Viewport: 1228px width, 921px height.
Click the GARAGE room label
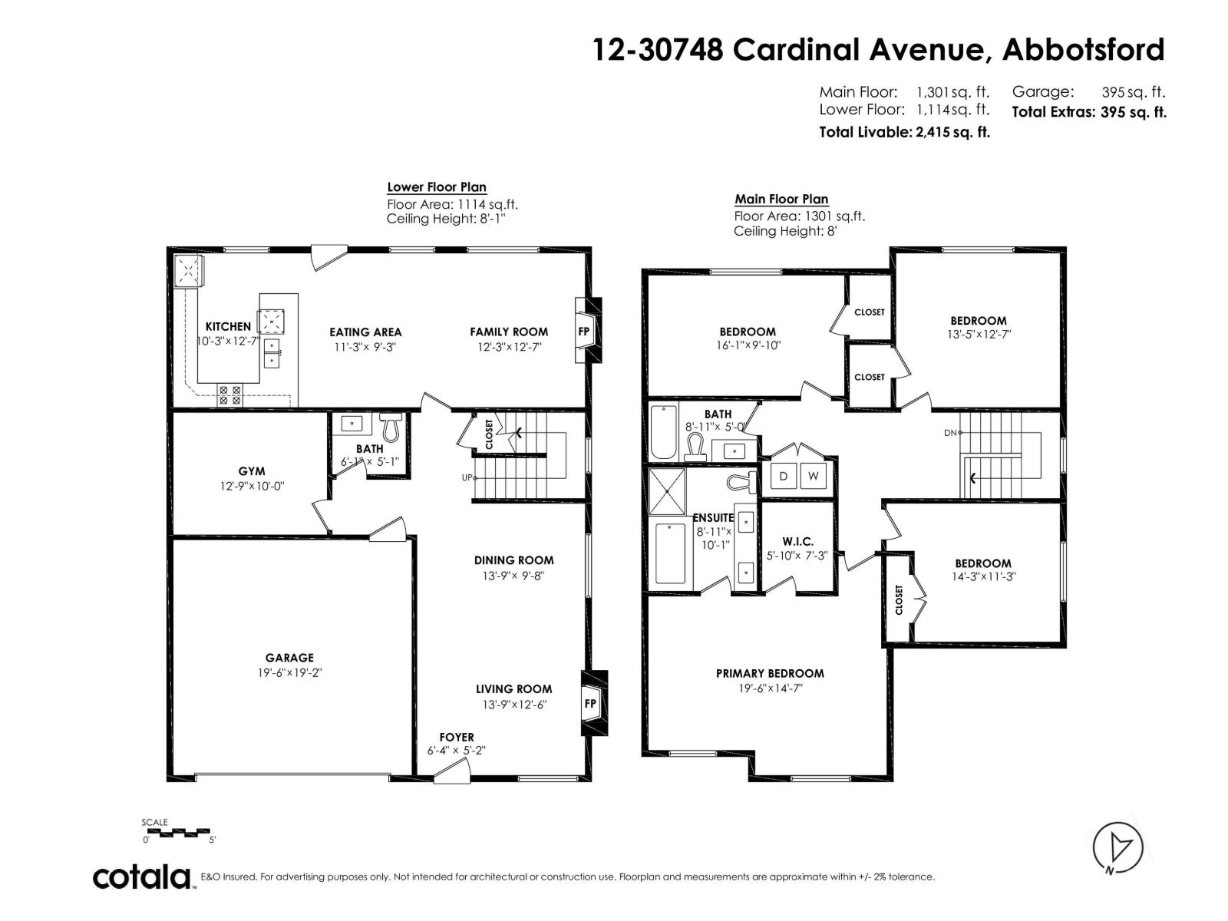(x=289, y=658)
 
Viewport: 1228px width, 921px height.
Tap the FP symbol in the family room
(x=584, y=332)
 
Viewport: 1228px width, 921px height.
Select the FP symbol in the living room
(x=590, y=703)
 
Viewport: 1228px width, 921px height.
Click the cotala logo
(x=143, y=876)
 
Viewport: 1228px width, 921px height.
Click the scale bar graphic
(x=176, y=831)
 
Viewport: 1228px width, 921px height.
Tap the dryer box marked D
(x=784, y=476)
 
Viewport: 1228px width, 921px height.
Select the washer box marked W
(x=814, y=476)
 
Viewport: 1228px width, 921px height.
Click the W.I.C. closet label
(x=797, y=542)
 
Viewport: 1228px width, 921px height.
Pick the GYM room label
(x=252, y=471)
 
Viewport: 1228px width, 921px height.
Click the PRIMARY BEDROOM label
(x=770, y=673)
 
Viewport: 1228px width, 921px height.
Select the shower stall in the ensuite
(x=667, y=491)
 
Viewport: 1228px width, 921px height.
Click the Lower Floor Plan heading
(x=436, y=187)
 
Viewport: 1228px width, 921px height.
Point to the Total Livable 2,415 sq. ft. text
(x=904, y=132)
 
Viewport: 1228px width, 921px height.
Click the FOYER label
(x=457, y=737)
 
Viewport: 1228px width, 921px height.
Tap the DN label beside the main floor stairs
(x=951, y=433)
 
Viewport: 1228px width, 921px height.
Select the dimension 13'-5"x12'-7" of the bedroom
(x=978, y=335)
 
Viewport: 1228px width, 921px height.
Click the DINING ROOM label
(x=513, y=560)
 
